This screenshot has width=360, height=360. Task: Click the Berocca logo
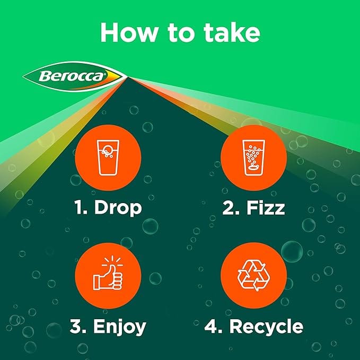point(75,76)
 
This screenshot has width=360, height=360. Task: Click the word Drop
point(118,208)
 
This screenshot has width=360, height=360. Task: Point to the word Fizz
point(266,207)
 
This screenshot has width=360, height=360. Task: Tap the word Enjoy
point(120,327)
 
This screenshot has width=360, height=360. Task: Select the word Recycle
point(266,327)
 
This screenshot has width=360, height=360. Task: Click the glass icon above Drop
point(108,157)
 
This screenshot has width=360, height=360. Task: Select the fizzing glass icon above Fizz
point(254,157)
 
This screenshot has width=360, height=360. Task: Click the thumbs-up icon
point(108,273)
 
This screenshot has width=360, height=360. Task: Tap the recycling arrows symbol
point(254,275)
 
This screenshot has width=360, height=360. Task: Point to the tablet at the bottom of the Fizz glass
point(253,169)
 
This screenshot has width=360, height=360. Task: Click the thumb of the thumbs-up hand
point(112,270)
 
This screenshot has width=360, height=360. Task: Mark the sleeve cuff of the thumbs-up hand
point(96,283)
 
